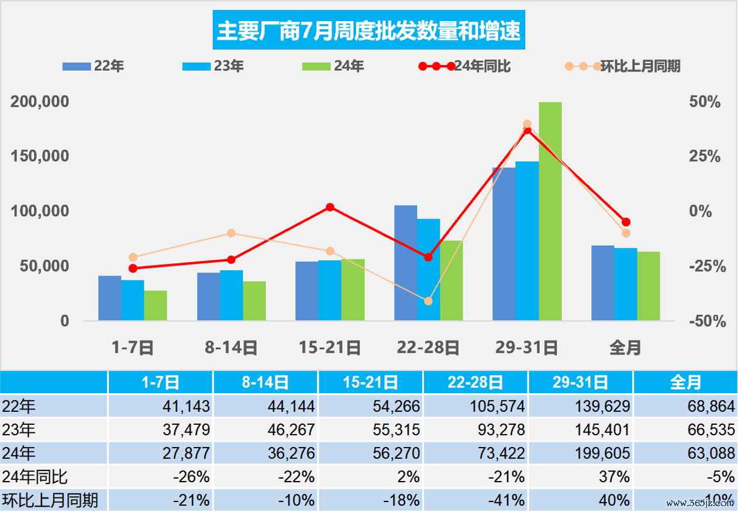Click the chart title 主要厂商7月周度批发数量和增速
click(x=369, y=30)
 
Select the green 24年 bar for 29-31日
click(x=550, y=211)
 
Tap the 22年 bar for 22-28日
click(x=406, y=263)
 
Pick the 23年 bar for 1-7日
click(x=133, y=300)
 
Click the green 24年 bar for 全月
click(x=649, y=286)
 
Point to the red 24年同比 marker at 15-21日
click(x=330, y=207)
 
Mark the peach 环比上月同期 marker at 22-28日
click(x=428, y=301)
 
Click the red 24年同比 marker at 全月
click(x=626, y=222)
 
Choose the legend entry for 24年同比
click(x=465, y=66)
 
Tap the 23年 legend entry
click(x=213, y=66)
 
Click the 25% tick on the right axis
click(x=705, y=156)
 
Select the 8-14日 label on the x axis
click(x=231, y=348)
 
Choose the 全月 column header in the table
click(x=685, y=383)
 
